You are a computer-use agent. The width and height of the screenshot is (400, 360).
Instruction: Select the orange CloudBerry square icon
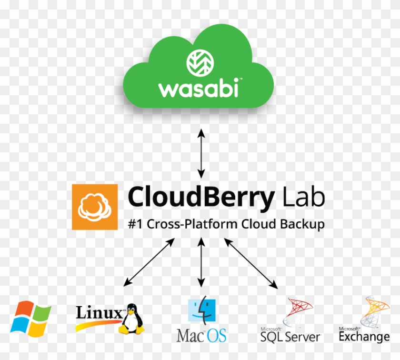click(95, 206)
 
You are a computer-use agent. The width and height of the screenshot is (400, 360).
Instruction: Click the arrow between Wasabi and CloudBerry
click(201, 152)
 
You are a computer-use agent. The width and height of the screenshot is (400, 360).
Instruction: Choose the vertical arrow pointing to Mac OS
click(202, 262)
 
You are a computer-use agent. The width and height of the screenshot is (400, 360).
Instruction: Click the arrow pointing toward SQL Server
click(251, 263)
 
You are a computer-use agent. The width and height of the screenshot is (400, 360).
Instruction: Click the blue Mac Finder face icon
click(202, 310)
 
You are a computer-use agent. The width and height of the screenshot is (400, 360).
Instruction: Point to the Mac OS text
click(201, 335)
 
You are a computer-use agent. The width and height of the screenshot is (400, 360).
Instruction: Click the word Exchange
click(364, 337)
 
